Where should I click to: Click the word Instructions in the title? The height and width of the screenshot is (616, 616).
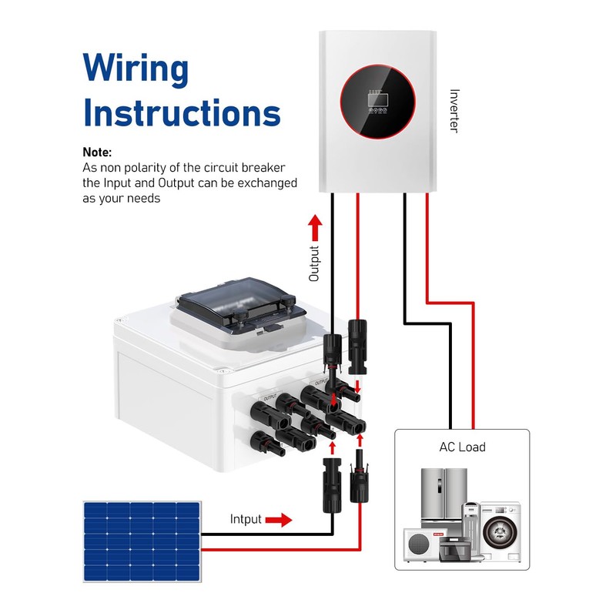click(x=182, y=112)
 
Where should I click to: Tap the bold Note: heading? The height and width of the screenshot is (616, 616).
click(x=97, y=152)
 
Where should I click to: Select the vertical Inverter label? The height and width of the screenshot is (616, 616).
click(x=454, y=110)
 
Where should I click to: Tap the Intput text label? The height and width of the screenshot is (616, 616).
click(x=246, y=519)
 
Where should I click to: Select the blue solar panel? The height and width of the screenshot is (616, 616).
click(x=142, y=541)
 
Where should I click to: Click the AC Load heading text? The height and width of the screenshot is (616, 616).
click(x=462, y=447)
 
